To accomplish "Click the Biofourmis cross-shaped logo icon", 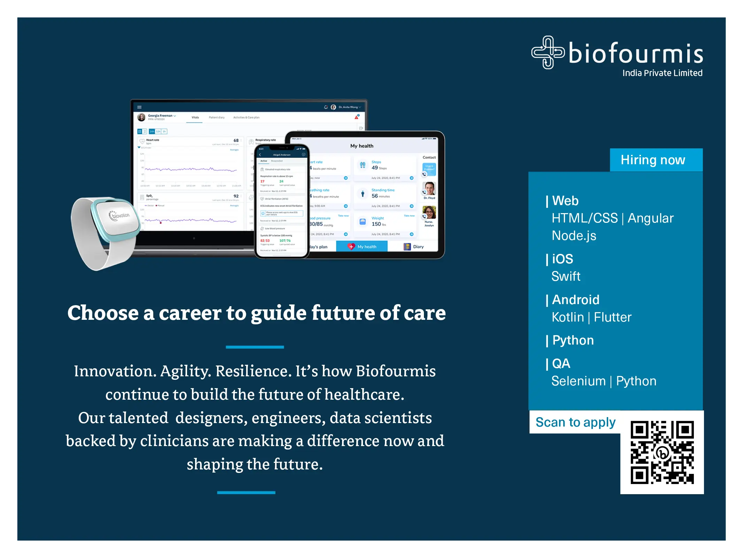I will pos(547,52).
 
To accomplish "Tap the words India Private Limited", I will pos(662,73).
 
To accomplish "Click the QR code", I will pos(662,452).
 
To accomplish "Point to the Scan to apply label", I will pos(575,422).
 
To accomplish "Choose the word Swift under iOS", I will pos(566,277).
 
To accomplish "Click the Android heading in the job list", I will pos(575,300).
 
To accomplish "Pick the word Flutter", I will pos(612,317).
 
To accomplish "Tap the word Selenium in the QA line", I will pos(578,381).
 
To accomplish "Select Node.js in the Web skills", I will pos(574,236).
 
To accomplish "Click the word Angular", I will pos(650,218).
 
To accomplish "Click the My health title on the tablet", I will pos(362,146).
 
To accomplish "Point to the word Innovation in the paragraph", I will pos(115,371).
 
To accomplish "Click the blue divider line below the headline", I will pos(255,347).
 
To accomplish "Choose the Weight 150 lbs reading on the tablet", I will pos(378,221).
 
